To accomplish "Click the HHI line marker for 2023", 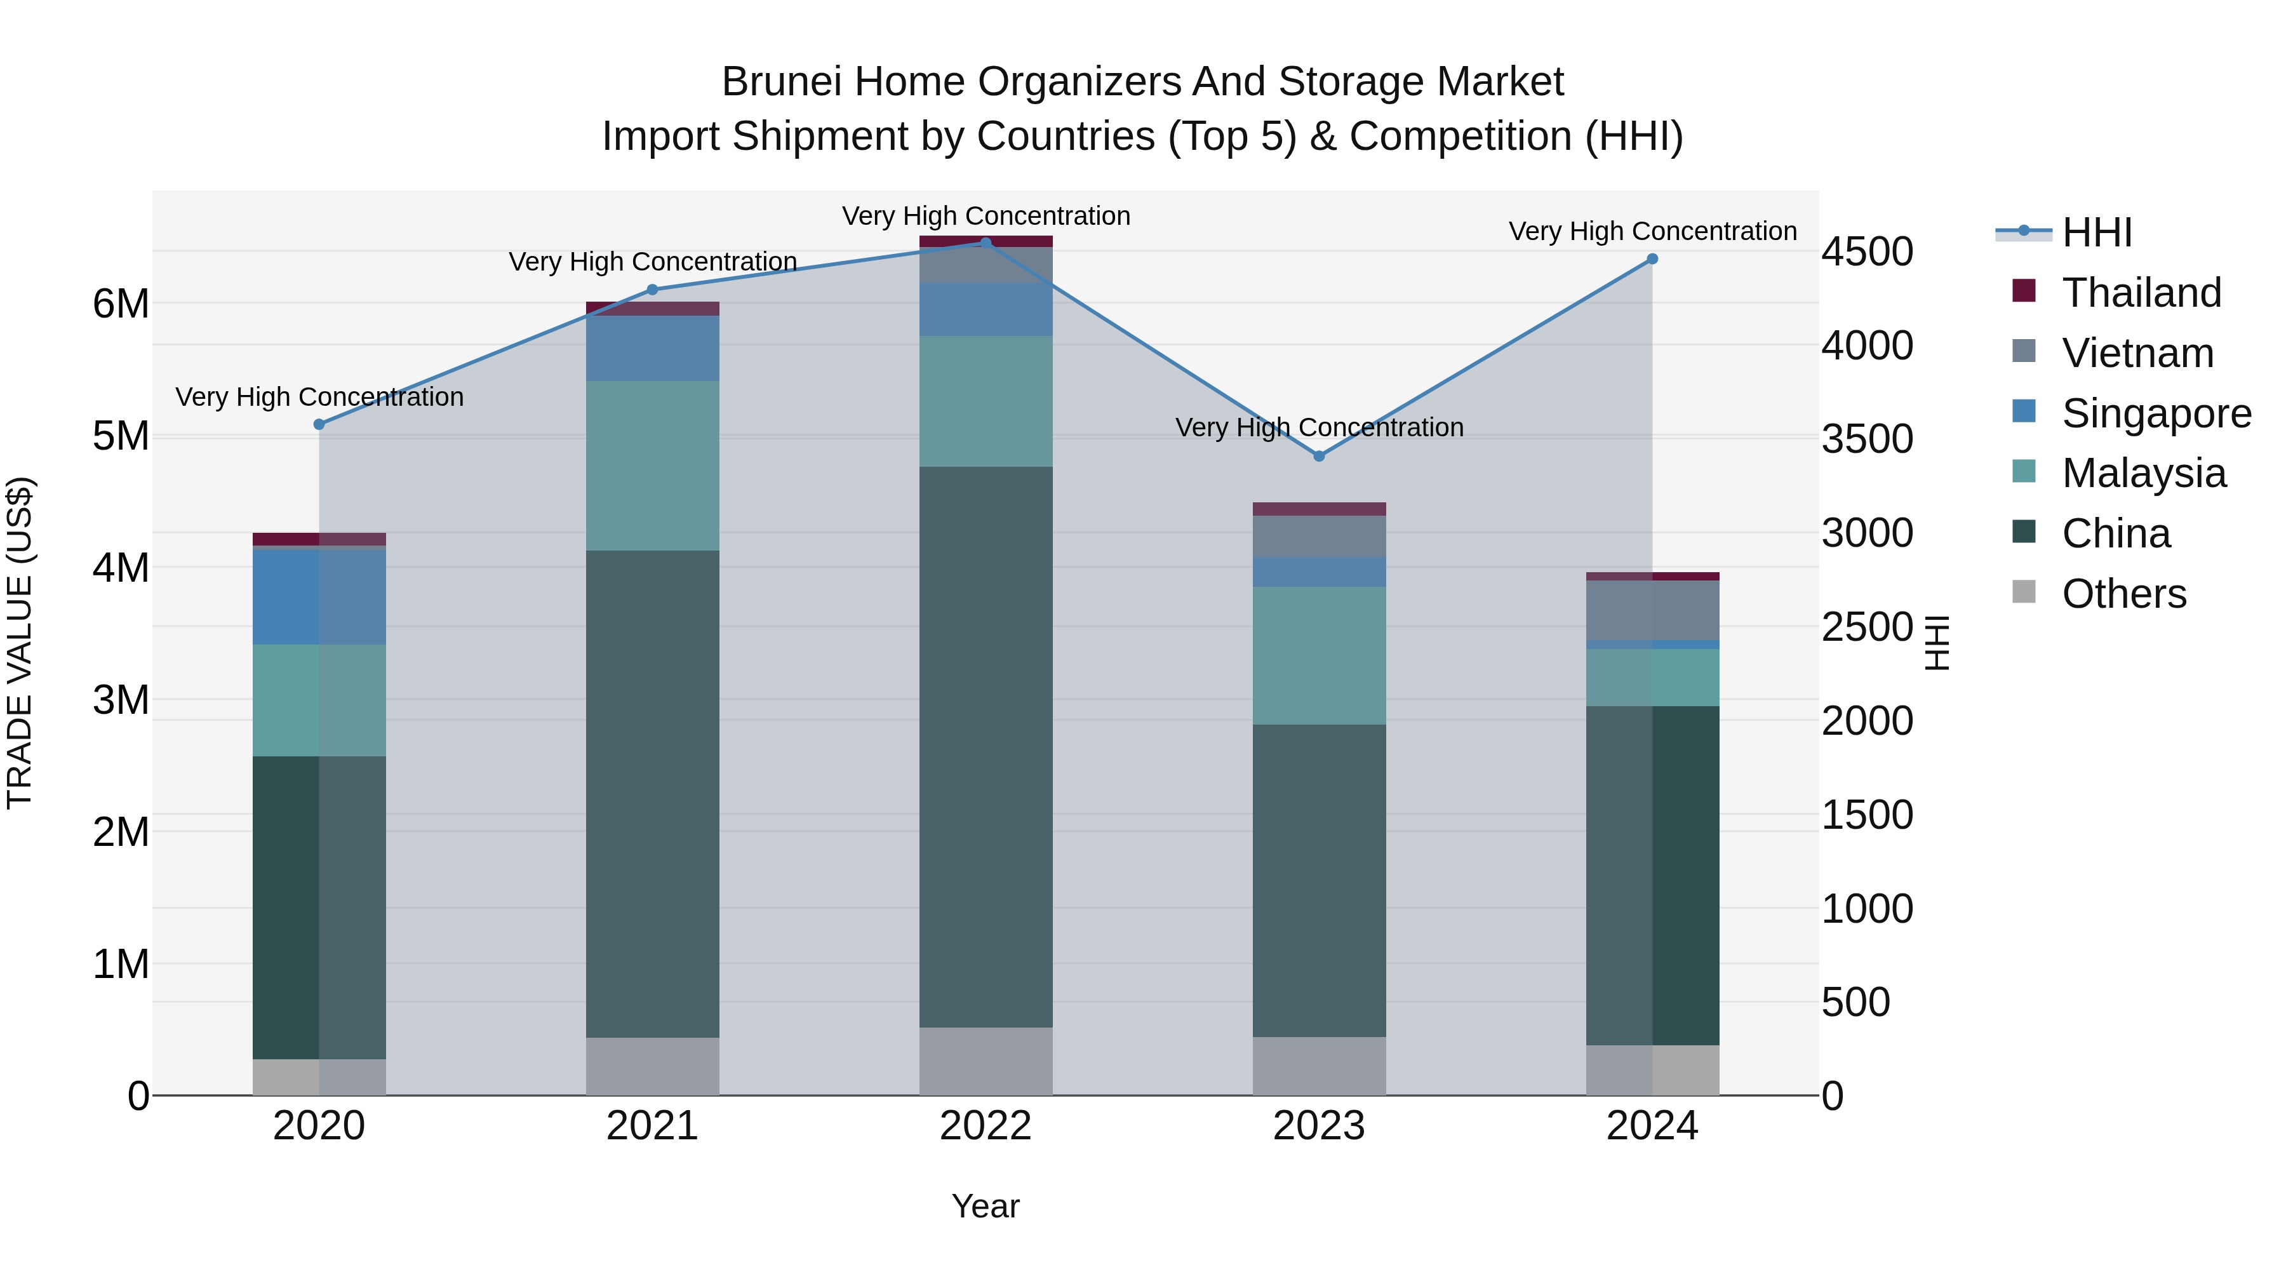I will (x=1319, y=456).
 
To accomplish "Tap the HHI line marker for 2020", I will (x=319, y=424).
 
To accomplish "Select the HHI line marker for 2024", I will (x=1652, y=259).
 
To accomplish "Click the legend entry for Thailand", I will (x=2141, y=293).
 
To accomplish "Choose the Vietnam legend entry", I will (x=2137, y=353).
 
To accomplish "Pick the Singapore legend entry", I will (x=2156, y=413).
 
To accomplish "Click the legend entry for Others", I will (x=2123, y=594).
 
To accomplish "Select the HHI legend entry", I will (x=2096, y=232).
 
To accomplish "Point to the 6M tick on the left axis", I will (x=121, y=304).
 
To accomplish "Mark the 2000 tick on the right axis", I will (x=1867, y=721).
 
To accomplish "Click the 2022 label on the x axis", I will (x=985, y=1126).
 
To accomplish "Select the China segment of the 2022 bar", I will (x=985, y=746).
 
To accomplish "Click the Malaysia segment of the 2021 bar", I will (x=652, y=466).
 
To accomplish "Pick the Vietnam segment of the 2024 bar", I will (x=1652, y=610).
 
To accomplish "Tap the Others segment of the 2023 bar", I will (x=1319, y=1066).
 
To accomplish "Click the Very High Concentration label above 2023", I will (x=1319, y=428).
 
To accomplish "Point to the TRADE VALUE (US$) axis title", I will (x=20, y=643).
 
